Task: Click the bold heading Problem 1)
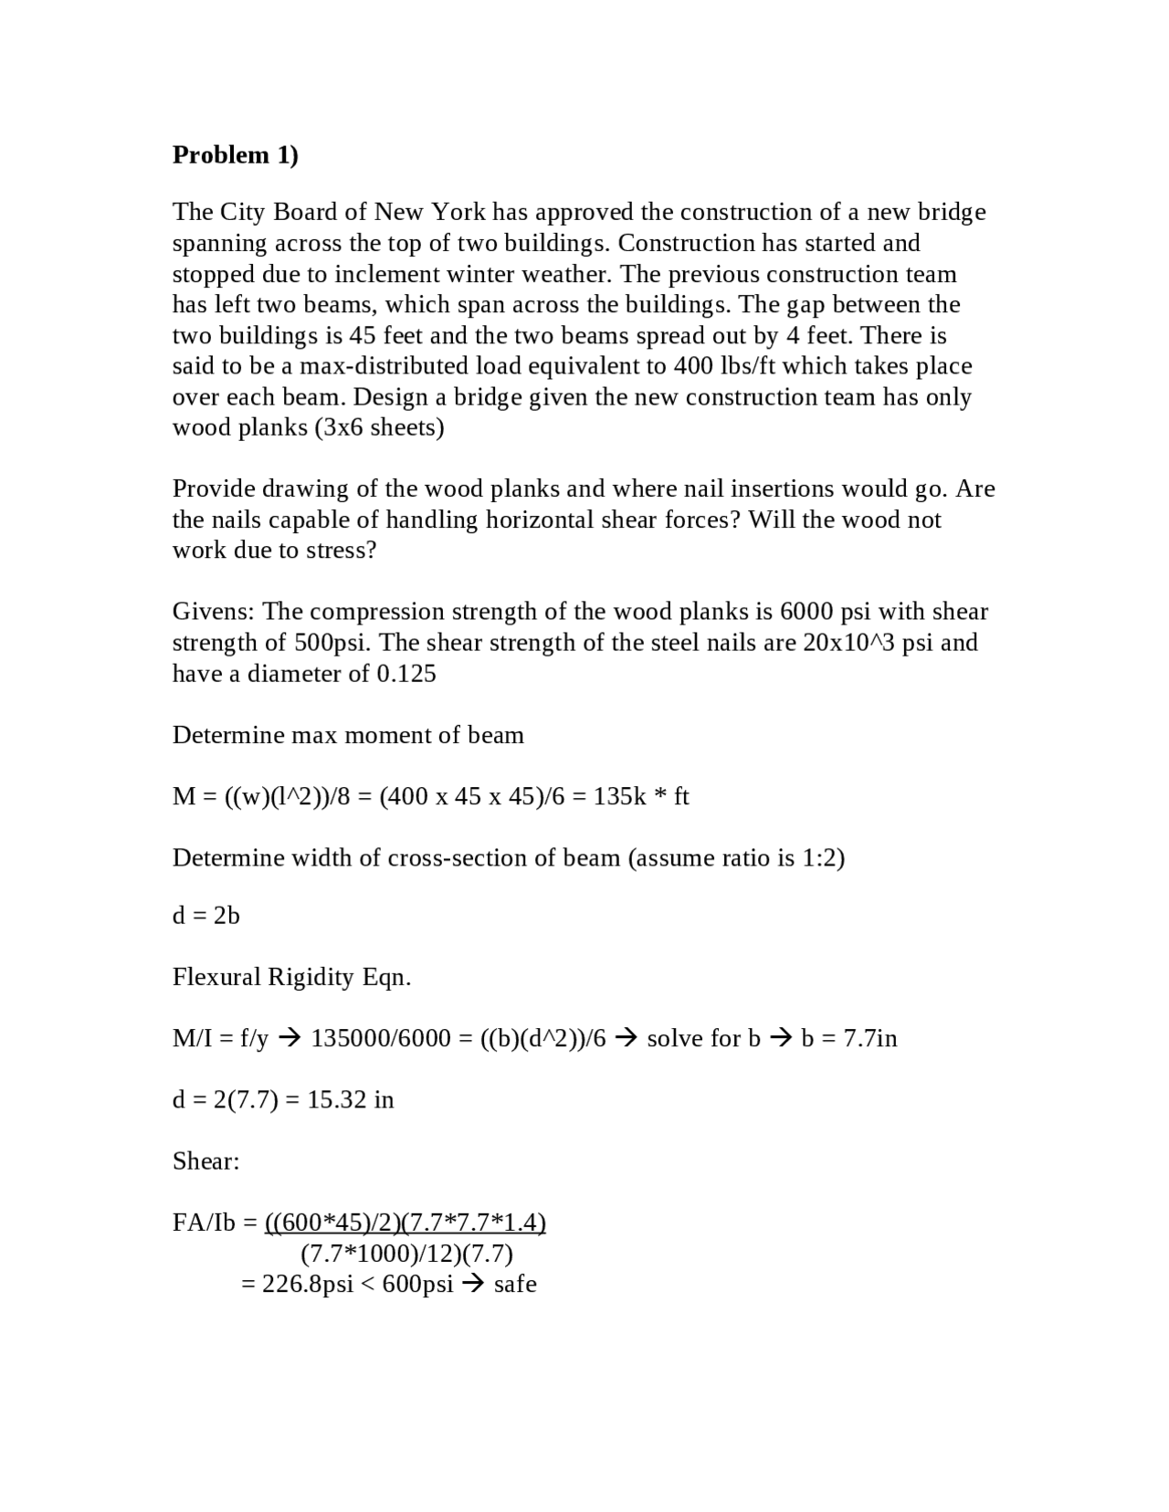click(x=235, y=155)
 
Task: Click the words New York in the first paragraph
click(x=429, y=212)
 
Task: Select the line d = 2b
click(x=206, y=915)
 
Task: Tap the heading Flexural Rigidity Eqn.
click(x=291, y=977)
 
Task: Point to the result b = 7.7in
click(x=848, y=1038)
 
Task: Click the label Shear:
click(x=205, y=1161)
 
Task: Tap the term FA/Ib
click(x=204, y=1223)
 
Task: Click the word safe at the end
click(x=515, y=1285)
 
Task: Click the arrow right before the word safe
click(x=473, y=1285)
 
